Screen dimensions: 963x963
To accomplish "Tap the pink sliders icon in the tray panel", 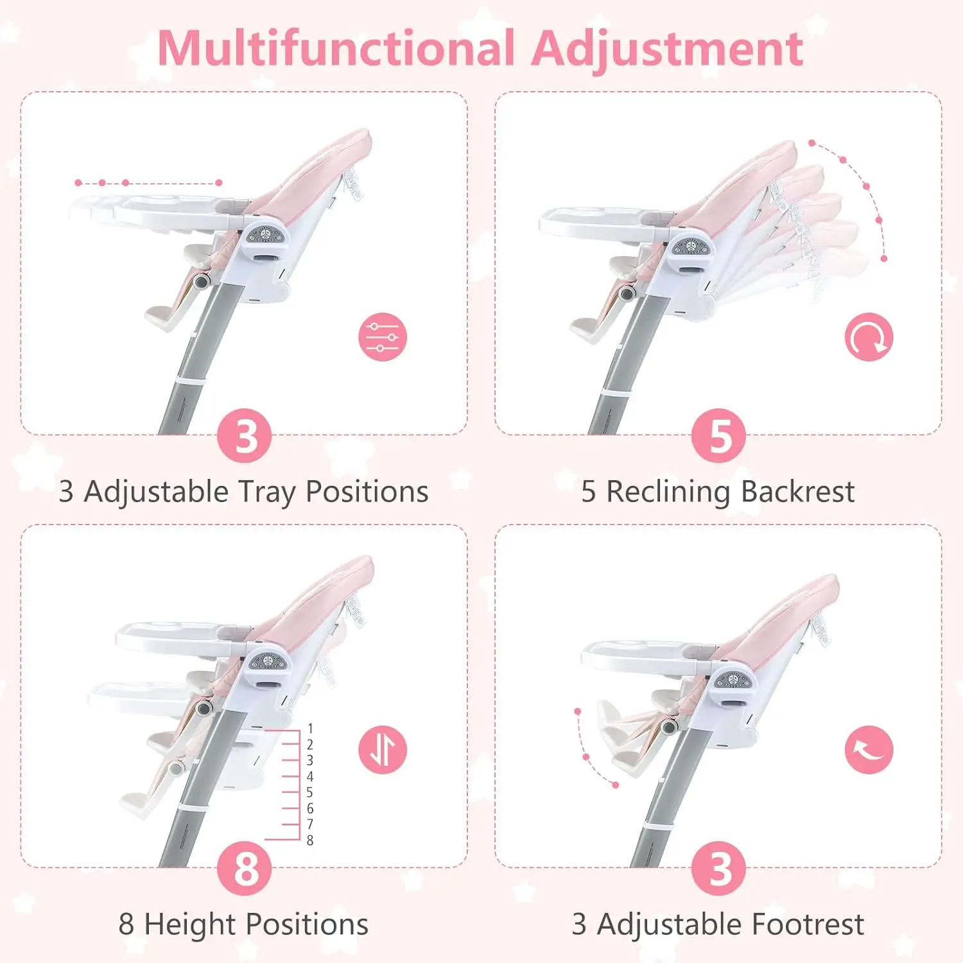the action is click(383, 337).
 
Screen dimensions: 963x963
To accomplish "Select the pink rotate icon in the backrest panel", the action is click(869, 337).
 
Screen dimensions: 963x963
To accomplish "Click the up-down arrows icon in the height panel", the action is click(383, 749).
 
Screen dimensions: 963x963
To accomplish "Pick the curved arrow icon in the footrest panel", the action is click(869, 749).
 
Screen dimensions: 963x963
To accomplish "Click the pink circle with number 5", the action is click(718, 436).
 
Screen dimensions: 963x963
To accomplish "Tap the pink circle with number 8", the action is click(245, 869).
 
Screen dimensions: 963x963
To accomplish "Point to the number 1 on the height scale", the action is click(310, 729).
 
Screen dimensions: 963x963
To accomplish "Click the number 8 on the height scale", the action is click(310, 840).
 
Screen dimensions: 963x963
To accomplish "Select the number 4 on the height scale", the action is click(310, 777).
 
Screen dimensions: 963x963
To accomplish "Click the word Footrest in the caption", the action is click(808, 924).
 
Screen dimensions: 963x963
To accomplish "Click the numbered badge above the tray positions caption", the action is click(245, 436).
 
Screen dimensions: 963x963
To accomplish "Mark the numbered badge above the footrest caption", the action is click(718, 869).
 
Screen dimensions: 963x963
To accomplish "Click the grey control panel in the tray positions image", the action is click(266, 236).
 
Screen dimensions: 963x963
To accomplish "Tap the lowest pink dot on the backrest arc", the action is click(884, 259).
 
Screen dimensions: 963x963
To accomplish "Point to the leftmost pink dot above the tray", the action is click(78, 183).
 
